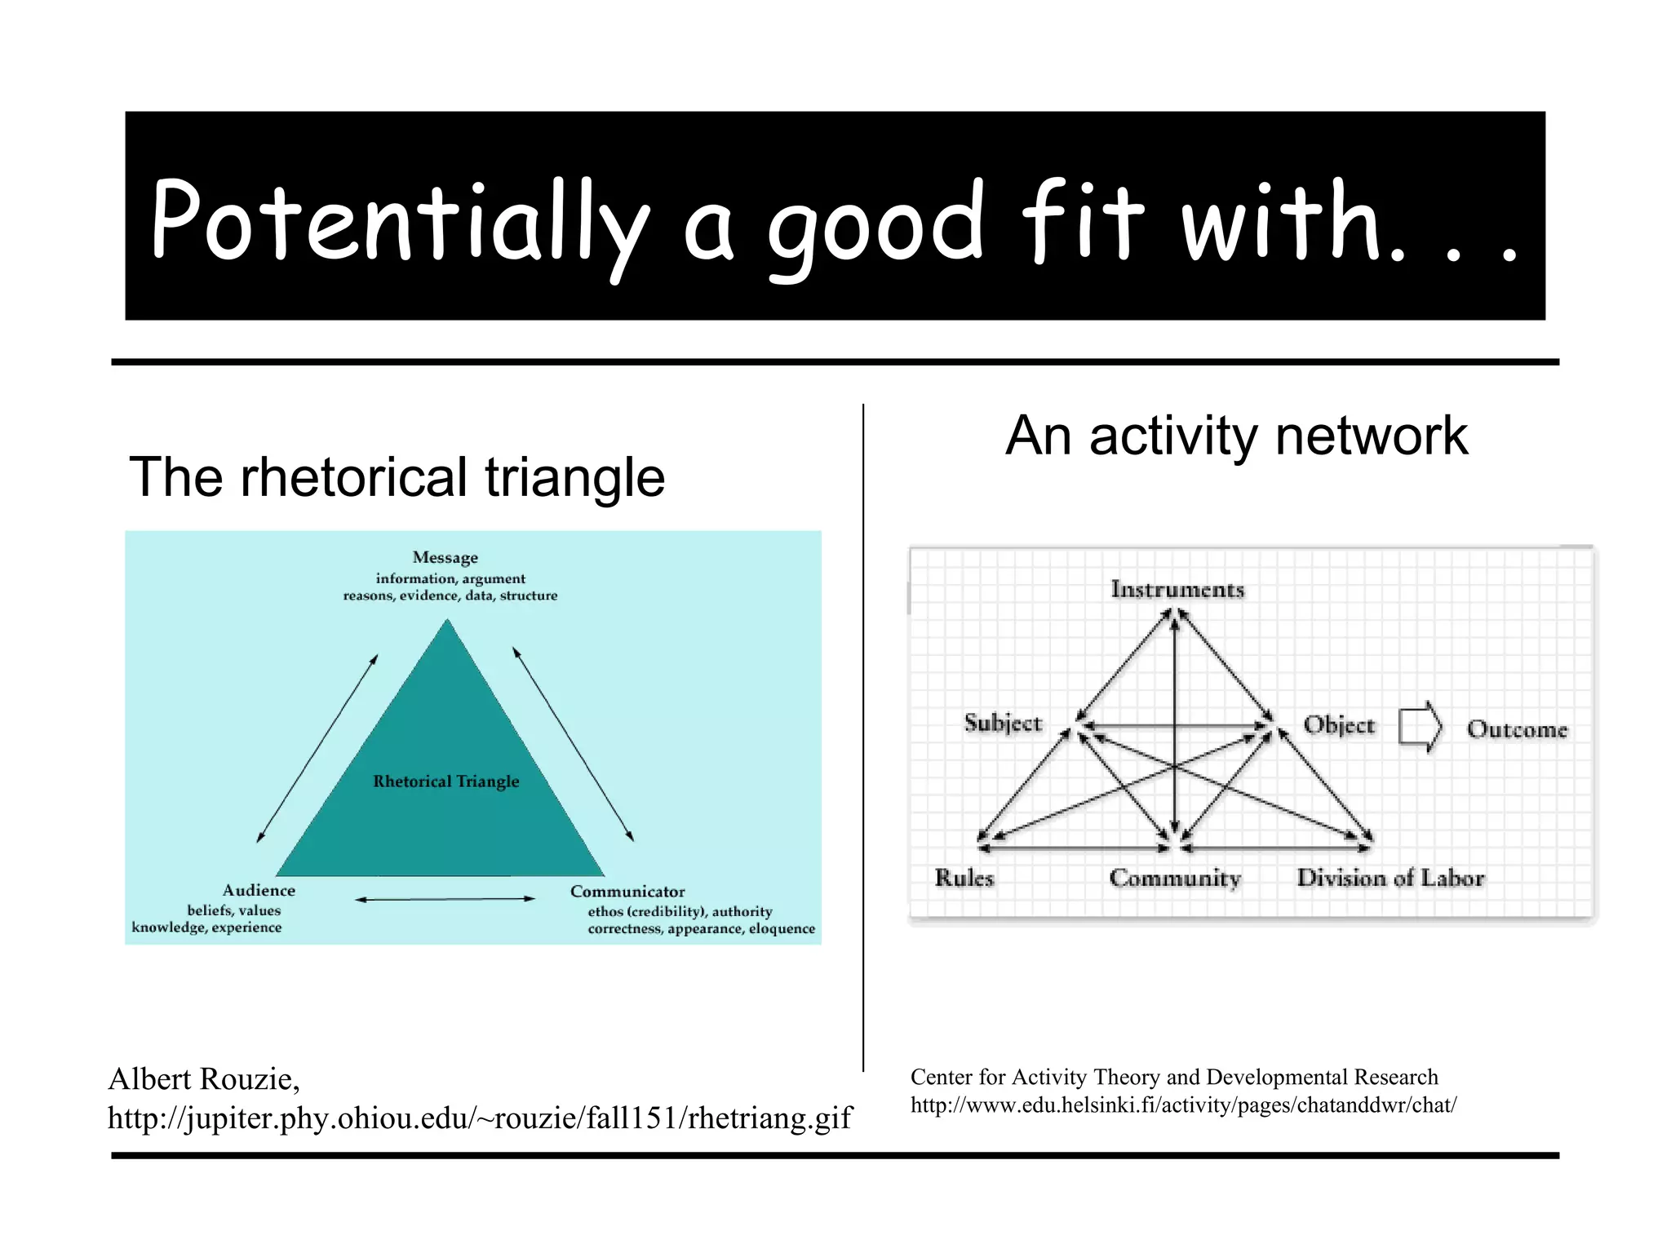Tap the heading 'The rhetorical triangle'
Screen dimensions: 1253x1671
click(x=397, y=477)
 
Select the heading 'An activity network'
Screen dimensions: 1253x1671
click(x=1236, y=436)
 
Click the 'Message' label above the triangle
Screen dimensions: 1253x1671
click(x=445, y=558)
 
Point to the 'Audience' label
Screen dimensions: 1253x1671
click(x=259, y=891)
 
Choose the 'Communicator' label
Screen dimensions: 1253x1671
click(x=627, y=892)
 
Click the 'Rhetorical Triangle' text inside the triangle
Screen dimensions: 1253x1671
click(x=445, y=781)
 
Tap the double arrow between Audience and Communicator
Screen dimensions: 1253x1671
click(x=445, y=899)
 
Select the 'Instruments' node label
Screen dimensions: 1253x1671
click(x=1177, y=590)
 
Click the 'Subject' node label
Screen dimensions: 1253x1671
click(x=1003, y=724)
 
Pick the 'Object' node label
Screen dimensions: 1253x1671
click(x=1339, y=725)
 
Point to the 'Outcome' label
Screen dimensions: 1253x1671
click(x=1517, y=729)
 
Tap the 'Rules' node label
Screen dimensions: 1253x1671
click(x=964, y=879)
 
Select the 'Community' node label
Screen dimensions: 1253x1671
click(x=1175, y=879)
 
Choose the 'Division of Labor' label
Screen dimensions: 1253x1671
click(x=1390, y=879)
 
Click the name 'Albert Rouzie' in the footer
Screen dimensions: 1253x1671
click(x=204, y=1079)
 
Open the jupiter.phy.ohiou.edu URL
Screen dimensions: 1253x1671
click(x=480, y=1118)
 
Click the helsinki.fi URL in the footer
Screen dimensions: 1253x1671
click(x=1183, y=1105)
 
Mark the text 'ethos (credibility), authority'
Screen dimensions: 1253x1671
click(x=680, y=912)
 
